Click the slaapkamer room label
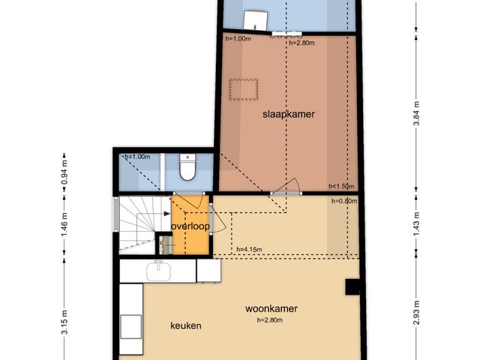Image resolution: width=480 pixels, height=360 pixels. pos(288,115)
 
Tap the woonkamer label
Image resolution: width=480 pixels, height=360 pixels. pos(271,308)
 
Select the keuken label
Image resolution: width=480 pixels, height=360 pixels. pos(186,325)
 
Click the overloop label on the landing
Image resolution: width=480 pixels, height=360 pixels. pos(190,226)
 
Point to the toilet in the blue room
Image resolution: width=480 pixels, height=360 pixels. pos(187,167)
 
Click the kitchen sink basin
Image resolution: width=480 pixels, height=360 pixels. pos(158,271)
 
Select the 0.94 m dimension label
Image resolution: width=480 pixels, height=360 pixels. pos(64,172)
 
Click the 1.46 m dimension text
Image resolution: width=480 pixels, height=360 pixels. pos(64,225)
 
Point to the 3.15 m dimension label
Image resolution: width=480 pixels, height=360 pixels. pos(64,322)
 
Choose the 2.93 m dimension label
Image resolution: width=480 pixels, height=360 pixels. pos(416,313)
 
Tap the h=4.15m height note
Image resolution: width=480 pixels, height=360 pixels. pos(249,250)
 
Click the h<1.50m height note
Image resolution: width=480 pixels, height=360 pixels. pos(341,186)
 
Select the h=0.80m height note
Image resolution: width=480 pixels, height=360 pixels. pos(344,201)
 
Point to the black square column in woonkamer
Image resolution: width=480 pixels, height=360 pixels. pos(352,286)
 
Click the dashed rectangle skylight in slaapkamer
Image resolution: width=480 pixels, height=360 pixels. pos(243,89)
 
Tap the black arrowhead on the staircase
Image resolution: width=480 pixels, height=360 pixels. pos(167,214)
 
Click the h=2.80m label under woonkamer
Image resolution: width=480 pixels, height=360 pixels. pos(270,320)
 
